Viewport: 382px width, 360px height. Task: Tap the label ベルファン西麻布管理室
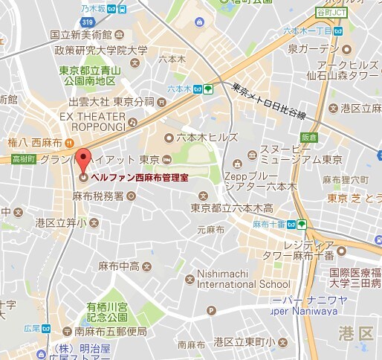[x=140, y=178]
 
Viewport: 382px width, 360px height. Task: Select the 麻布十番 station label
[x=270, y=223]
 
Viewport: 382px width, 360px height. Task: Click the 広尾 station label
[x=31, y=329]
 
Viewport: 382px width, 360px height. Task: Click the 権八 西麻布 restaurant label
[x=35, y=141]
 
